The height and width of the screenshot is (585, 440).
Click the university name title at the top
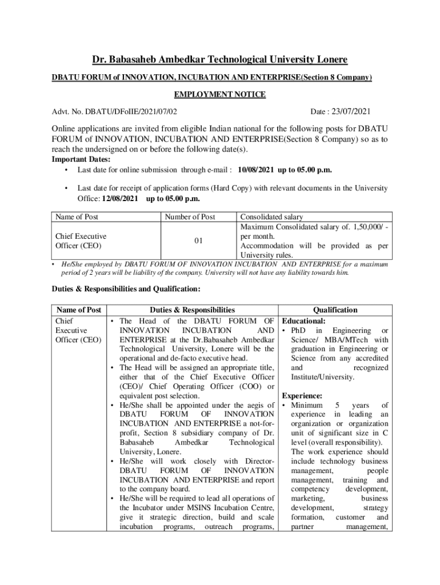(x=220, y=59)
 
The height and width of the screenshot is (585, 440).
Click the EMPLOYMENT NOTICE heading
(x=220, y=95)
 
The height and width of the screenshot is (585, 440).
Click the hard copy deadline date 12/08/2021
(x=120, y=198)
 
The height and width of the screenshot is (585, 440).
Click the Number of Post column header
(x=190, y=217)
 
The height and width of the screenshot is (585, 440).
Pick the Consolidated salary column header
(x=271, y=217)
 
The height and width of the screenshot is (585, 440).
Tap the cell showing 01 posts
(x=198, y=241)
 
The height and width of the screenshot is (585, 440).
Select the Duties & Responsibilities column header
(x=192, y=310)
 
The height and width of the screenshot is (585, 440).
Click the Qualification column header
(x=335, y=310)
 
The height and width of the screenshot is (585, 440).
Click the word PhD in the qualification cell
(x=299, y=331)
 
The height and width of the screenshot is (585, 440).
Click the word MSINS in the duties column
(x=184, y=507)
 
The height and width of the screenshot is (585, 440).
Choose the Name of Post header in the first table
(x=77, y=217)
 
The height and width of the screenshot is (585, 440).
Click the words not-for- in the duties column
(x=261, y=423)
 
